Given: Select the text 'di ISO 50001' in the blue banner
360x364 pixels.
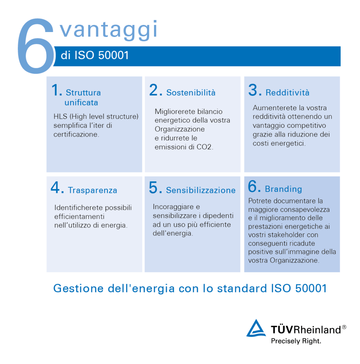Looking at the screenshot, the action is [x=95, y=55].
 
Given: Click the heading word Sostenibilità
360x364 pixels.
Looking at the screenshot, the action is [x=191, y=92].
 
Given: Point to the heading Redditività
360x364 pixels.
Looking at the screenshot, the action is [x=288, y=92].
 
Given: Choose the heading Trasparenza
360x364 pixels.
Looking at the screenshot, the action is [x=92, y=190].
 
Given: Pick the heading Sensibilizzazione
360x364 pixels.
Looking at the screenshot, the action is [x=201, y=190].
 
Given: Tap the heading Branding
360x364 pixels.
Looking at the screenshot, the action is [x=283, y=189].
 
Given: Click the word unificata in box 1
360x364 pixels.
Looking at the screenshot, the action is [x=81, y=102].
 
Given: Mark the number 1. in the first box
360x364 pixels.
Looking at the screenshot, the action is [x=57, y=90].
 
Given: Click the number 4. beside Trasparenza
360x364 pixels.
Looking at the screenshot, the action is [x=57, y=188].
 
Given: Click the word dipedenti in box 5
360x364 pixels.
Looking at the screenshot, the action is [x=218, y=216].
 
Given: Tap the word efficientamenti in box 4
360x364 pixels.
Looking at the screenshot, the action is [x=79, y=216].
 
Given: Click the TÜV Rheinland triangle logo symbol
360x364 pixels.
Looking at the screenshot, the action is [x=256, y=328].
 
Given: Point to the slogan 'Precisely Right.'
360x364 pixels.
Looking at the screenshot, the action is [x=296, y=341].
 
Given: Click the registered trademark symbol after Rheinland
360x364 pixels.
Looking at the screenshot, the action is [x=344, y=327].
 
